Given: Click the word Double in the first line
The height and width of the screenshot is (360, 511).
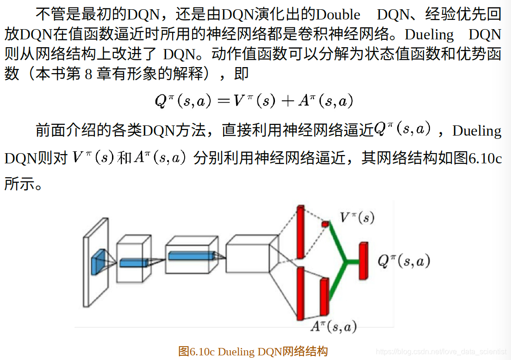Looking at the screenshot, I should (338, 15).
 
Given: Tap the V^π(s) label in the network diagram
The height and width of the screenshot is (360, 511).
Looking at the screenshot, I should (357, 217).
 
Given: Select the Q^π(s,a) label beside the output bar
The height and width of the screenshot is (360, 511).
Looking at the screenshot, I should (404, 261).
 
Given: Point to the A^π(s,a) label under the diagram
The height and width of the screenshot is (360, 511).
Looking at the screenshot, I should (334, 327).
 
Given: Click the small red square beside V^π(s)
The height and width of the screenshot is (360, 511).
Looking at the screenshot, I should (325, 224).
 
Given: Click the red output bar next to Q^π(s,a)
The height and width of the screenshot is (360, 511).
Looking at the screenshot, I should (363, 261).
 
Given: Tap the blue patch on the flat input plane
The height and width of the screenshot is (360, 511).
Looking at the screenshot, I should (98, 261).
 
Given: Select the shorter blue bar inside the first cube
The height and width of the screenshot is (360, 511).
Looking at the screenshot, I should (134, 263).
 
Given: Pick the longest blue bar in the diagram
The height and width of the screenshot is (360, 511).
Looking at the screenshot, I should (191, 255).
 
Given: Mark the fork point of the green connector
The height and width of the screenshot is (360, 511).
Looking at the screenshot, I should (345, 262).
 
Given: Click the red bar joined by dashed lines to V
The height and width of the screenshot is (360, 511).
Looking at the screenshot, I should (300, 231).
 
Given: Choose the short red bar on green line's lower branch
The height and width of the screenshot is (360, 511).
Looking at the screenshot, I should (324, 297).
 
